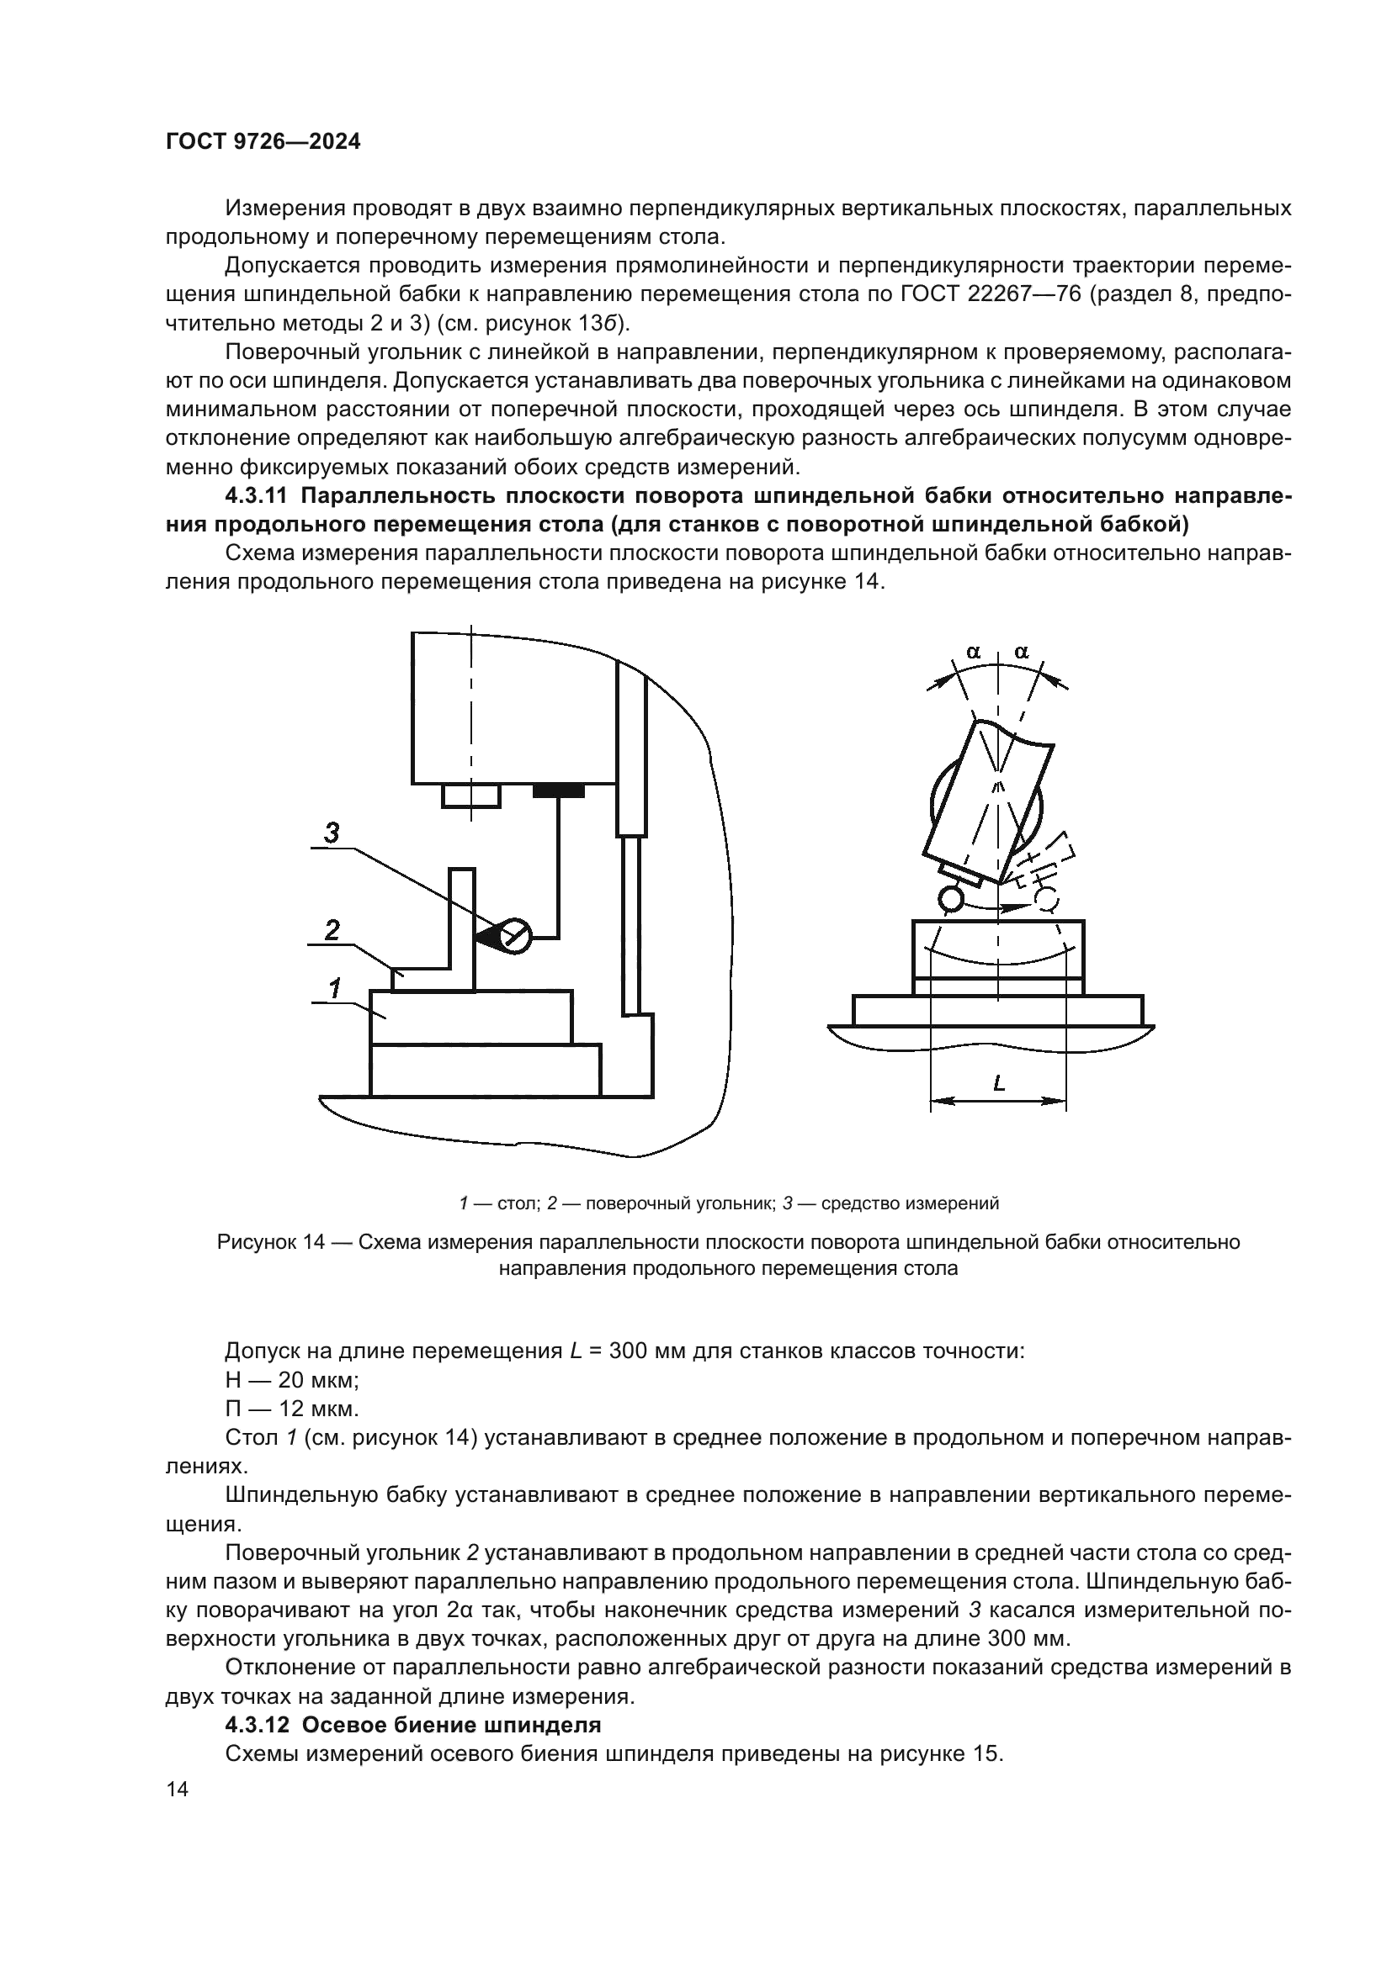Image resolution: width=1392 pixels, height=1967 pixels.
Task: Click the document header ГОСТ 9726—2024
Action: click(x=263, y=142)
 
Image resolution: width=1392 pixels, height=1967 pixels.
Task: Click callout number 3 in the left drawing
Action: click(x=332, y=831)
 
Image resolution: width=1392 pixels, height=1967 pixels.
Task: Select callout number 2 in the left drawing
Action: click(x=332, y=929)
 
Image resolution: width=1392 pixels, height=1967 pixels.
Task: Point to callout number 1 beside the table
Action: click(x=334, y=988)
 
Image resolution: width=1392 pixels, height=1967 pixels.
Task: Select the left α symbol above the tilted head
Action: click(x=974, y=652)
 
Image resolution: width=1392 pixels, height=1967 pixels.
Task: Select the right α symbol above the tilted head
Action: click(x=1022, y=652)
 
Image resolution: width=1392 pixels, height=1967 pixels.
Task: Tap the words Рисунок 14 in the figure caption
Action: click(x=271, y=1242)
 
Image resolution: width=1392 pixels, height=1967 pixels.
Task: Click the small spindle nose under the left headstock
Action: click(x=470, y=795)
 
